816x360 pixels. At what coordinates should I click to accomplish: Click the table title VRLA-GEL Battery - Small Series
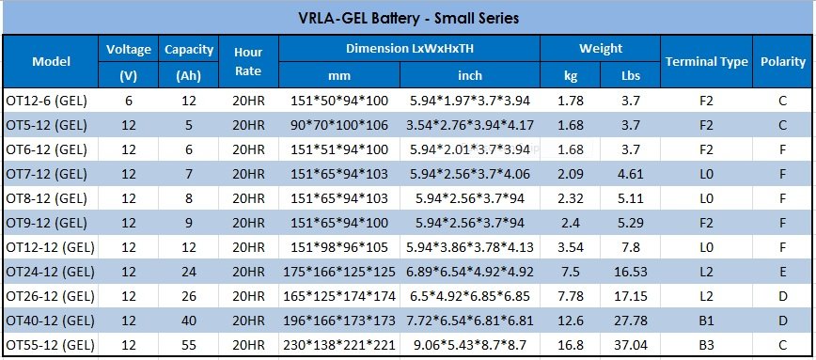point(409,18)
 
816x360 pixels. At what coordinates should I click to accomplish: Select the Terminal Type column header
point(706,61)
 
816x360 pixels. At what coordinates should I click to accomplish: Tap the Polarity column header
point(783,61)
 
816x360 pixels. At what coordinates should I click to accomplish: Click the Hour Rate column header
point(248,61)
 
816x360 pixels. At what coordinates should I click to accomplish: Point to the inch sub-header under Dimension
point(470,75)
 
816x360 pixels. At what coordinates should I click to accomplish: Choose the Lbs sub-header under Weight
point(631,75)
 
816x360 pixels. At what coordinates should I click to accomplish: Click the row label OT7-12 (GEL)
point(47,174)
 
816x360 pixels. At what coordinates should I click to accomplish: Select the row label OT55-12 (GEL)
point(51,345)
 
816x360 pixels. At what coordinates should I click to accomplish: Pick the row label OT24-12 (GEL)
point(51,272)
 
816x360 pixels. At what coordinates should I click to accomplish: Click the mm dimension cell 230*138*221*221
point(339,345)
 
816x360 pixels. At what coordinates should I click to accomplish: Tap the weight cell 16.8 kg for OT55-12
point(571,345)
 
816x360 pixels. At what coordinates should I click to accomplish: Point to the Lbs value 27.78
point(631,321)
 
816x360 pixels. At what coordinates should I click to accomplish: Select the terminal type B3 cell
point(707,345)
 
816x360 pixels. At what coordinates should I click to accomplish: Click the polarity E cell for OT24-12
point(783,272)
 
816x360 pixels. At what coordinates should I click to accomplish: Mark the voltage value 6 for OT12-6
point(129,101)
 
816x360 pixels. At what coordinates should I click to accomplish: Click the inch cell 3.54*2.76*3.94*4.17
point(470,125)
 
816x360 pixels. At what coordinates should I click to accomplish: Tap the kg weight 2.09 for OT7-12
point(571,174)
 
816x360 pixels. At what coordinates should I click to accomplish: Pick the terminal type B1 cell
point(707,321)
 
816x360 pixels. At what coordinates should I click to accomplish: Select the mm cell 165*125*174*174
point(339,296)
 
